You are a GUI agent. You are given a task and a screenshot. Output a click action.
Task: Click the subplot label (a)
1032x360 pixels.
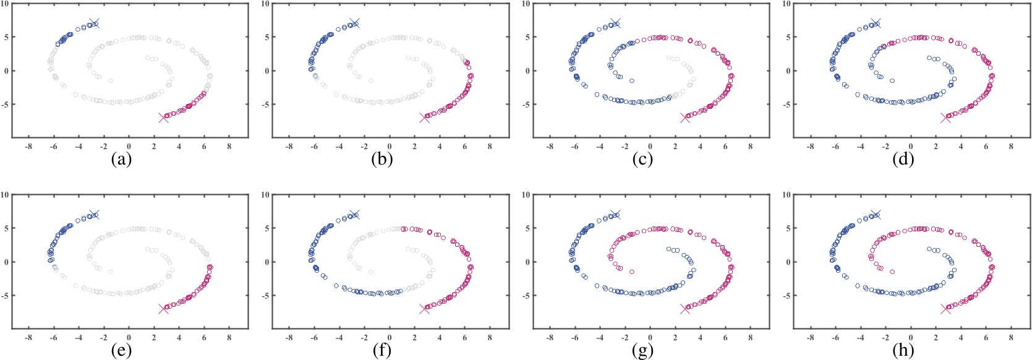121,160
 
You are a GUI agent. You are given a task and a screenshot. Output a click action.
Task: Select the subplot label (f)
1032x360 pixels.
382,350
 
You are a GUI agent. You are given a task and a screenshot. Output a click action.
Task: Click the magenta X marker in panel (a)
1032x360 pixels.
163,118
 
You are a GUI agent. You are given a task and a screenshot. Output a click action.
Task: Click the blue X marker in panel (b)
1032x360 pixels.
354,23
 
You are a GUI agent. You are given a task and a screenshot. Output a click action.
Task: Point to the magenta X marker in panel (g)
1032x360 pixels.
685,308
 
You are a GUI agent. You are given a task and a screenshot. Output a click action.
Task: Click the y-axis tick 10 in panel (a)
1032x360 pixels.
5,4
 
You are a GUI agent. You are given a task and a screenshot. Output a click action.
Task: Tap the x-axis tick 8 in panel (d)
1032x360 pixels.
1011,147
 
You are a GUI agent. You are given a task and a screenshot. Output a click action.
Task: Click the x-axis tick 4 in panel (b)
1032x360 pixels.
440,147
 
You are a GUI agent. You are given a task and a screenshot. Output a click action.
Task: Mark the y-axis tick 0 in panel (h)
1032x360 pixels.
789,262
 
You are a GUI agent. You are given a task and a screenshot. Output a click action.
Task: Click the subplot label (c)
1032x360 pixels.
642,160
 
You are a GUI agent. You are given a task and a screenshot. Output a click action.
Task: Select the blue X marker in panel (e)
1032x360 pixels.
93,214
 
